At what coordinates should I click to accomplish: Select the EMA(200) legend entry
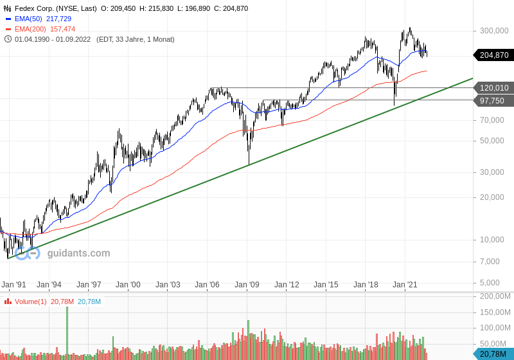(x=40, y=29)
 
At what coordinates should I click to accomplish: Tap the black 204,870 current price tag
(x=494, y=55)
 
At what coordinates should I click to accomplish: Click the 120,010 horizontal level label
(x=494, y=88)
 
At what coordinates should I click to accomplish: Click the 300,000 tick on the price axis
(x=494, y=31)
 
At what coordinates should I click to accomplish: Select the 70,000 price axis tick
(x=492, y=120)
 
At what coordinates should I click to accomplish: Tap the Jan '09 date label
(x=247, y=285)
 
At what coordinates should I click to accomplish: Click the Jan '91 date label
(x=13, y=285)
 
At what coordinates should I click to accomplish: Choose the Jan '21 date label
(x=405, y=285)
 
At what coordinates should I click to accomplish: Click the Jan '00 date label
(x=128, y=285)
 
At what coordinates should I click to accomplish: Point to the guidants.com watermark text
(x=78, y=253)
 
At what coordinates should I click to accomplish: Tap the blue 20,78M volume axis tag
(x=494, y=354)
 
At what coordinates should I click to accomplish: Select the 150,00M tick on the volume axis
(x=495, y=312)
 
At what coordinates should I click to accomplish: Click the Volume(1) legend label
(x=30, y=301)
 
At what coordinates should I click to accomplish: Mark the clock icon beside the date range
(x=8, y=39)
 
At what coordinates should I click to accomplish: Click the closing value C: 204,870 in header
(x=231, y=8)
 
